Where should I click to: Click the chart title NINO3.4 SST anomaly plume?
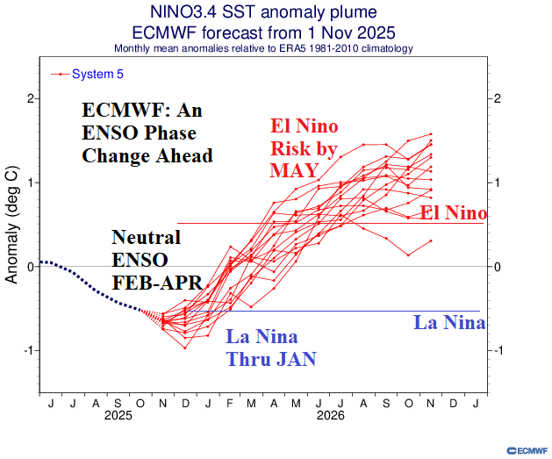(x=276, y=11)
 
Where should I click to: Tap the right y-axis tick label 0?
(x=497, y=267)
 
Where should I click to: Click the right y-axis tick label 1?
(x=497, y=183)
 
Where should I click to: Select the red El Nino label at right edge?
(x=453, y=213)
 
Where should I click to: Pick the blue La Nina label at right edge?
(x=448, y=323)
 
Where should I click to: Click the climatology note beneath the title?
(x=276, y=47)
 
